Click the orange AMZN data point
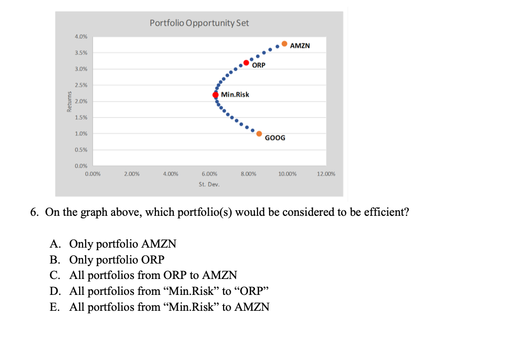(284, 44)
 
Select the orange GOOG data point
(259, 133)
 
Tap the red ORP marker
(246, 63)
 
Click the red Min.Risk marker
(216, 94)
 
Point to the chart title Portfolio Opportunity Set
(199, 23)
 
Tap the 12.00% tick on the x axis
(326, 174)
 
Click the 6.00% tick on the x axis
(209, 174)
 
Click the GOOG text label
(275, 138)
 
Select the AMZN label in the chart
(300, 46)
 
